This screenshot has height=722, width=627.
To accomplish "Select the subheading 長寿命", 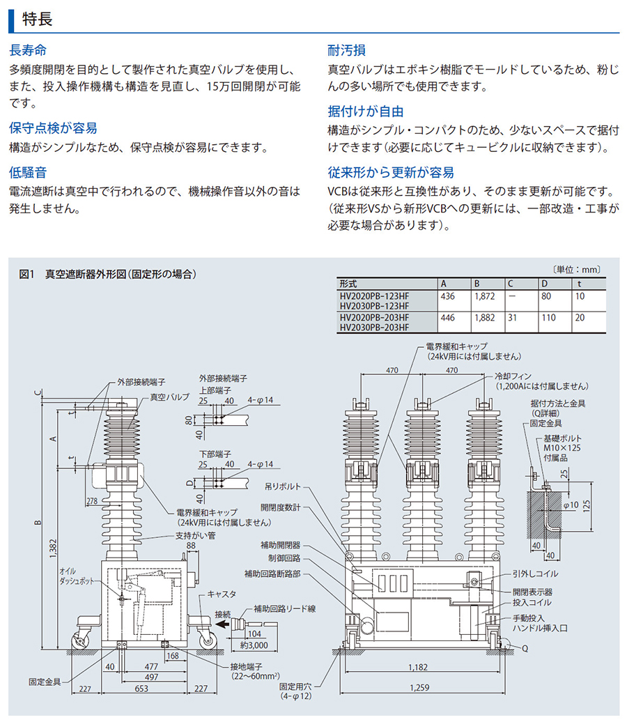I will click(x=29, y=52).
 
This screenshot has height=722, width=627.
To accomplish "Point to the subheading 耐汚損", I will click(x=347, y=52).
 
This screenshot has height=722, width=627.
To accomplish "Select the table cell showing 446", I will click(x=448, y=317).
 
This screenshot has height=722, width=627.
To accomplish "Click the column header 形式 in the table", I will click(x=348, y=284).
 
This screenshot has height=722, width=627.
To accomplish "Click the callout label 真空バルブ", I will click(x=170, y=397).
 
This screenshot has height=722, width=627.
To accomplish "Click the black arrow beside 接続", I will click(x=224, y=625).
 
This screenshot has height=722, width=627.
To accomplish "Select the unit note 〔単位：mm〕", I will click(x=575, y=269).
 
